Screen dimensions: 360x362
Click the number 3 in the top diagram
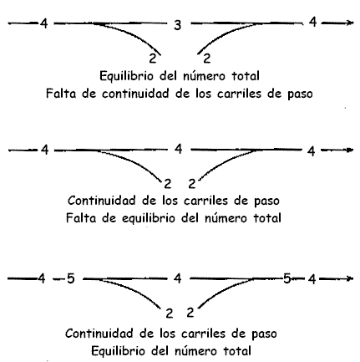(x=178, y=25)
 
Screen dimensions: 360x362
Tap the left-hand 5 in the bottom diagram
(x=71, y=278)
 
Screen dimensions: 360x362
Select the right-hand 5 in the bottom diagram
(x=287, y=278)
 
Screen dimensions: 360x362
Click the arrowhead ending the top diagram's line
(x=350, y=23)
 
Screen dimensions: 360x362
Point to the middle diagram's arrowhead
(x=350, y=150)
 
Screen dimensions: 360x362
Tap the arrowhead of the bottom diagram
(x=350, y=278)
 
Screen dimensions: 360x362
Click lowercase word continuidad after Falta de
(x=135, y=94)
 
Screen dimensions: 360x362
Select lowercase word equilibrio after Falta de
(x=148, y=218)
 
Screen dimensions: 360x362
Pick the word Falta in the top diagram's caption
(x=61, y=94)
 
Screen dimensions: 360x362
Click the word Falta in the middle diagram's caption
(x=81, y=218)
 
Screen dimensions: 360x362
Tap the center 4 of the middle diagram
(x=179, y=149)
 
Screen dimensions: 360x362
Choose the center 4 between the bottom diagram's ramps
(x=178, y=278)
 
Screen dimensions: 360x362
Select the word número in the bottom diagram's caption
(x=195, y=351)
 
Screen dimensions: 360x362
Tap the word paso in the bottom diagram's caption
(x=264, y=334)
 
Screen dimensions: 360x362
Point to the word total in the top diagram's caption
(x=246, y=76)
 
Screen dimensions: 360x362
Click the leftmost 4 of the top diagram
(x=43, y=23)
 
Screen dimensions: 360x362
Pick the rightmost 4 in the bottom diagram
(x=312, y=278)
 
